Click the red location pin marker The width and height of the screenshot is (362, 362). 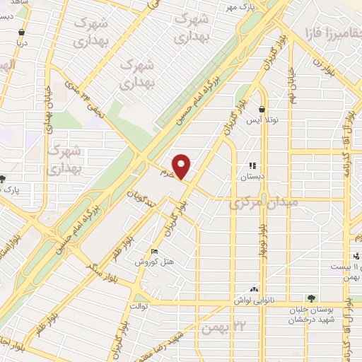click(182, 167)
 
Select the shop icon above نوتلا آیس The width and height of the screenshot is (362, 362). click(262, 110)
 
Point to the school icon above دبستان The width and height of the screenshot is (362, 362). click(252, 166)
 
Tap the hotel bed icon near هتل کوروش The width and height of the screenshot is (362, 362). click(155, 252)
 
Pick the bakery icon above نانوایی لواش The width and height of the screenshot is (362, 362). click(253, 289)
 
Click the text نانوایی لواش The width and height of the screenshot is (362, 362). click(253, 300)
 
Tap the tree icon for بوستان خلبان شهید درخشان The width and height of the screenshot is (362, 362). click(309, 298)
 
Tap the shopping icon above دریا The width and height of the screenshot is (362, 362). click(22, 32)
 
